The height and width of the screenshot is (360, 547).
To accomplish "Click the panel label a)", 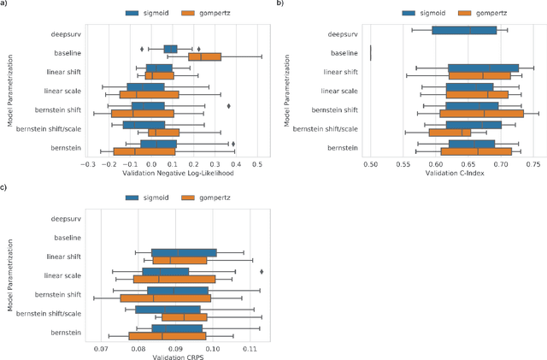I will coord(4,4).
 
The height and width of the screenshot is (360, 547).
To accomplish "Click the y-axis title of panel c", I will coord(8,275).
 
